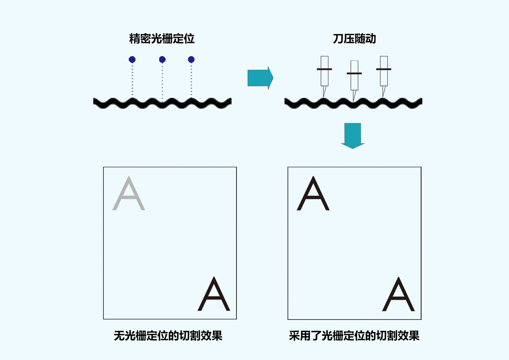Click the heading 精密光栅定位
tap(162, 39)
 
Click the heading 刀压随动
tap(354, 39)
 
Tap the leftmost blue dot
tap(132, 59)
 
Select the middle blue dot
tap(162, 59)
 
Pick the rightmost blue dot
tap(191, 59)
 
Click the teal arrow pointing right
tap(260, 78)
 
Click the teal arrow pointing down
tap(352, 136)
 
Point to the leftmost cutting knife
tap(324, 77)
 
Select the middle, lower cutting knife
tap(354, 81)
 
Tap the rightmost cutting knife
tap(384, 77)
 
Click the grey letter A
tap(129, 193)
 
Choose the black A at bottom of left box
tap(214, 294)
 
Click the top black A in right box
tap(313, 193)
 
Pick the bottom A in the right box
tap(399, 294)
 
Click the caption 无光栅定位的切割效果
tap(168, 336)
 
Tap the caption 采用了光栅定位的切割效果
tap(354, 336)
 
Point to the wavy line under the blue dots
tap(162, 103)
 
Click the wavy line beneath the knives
tap(353, 103)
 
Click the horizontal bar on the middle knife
tap(354, 73)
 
